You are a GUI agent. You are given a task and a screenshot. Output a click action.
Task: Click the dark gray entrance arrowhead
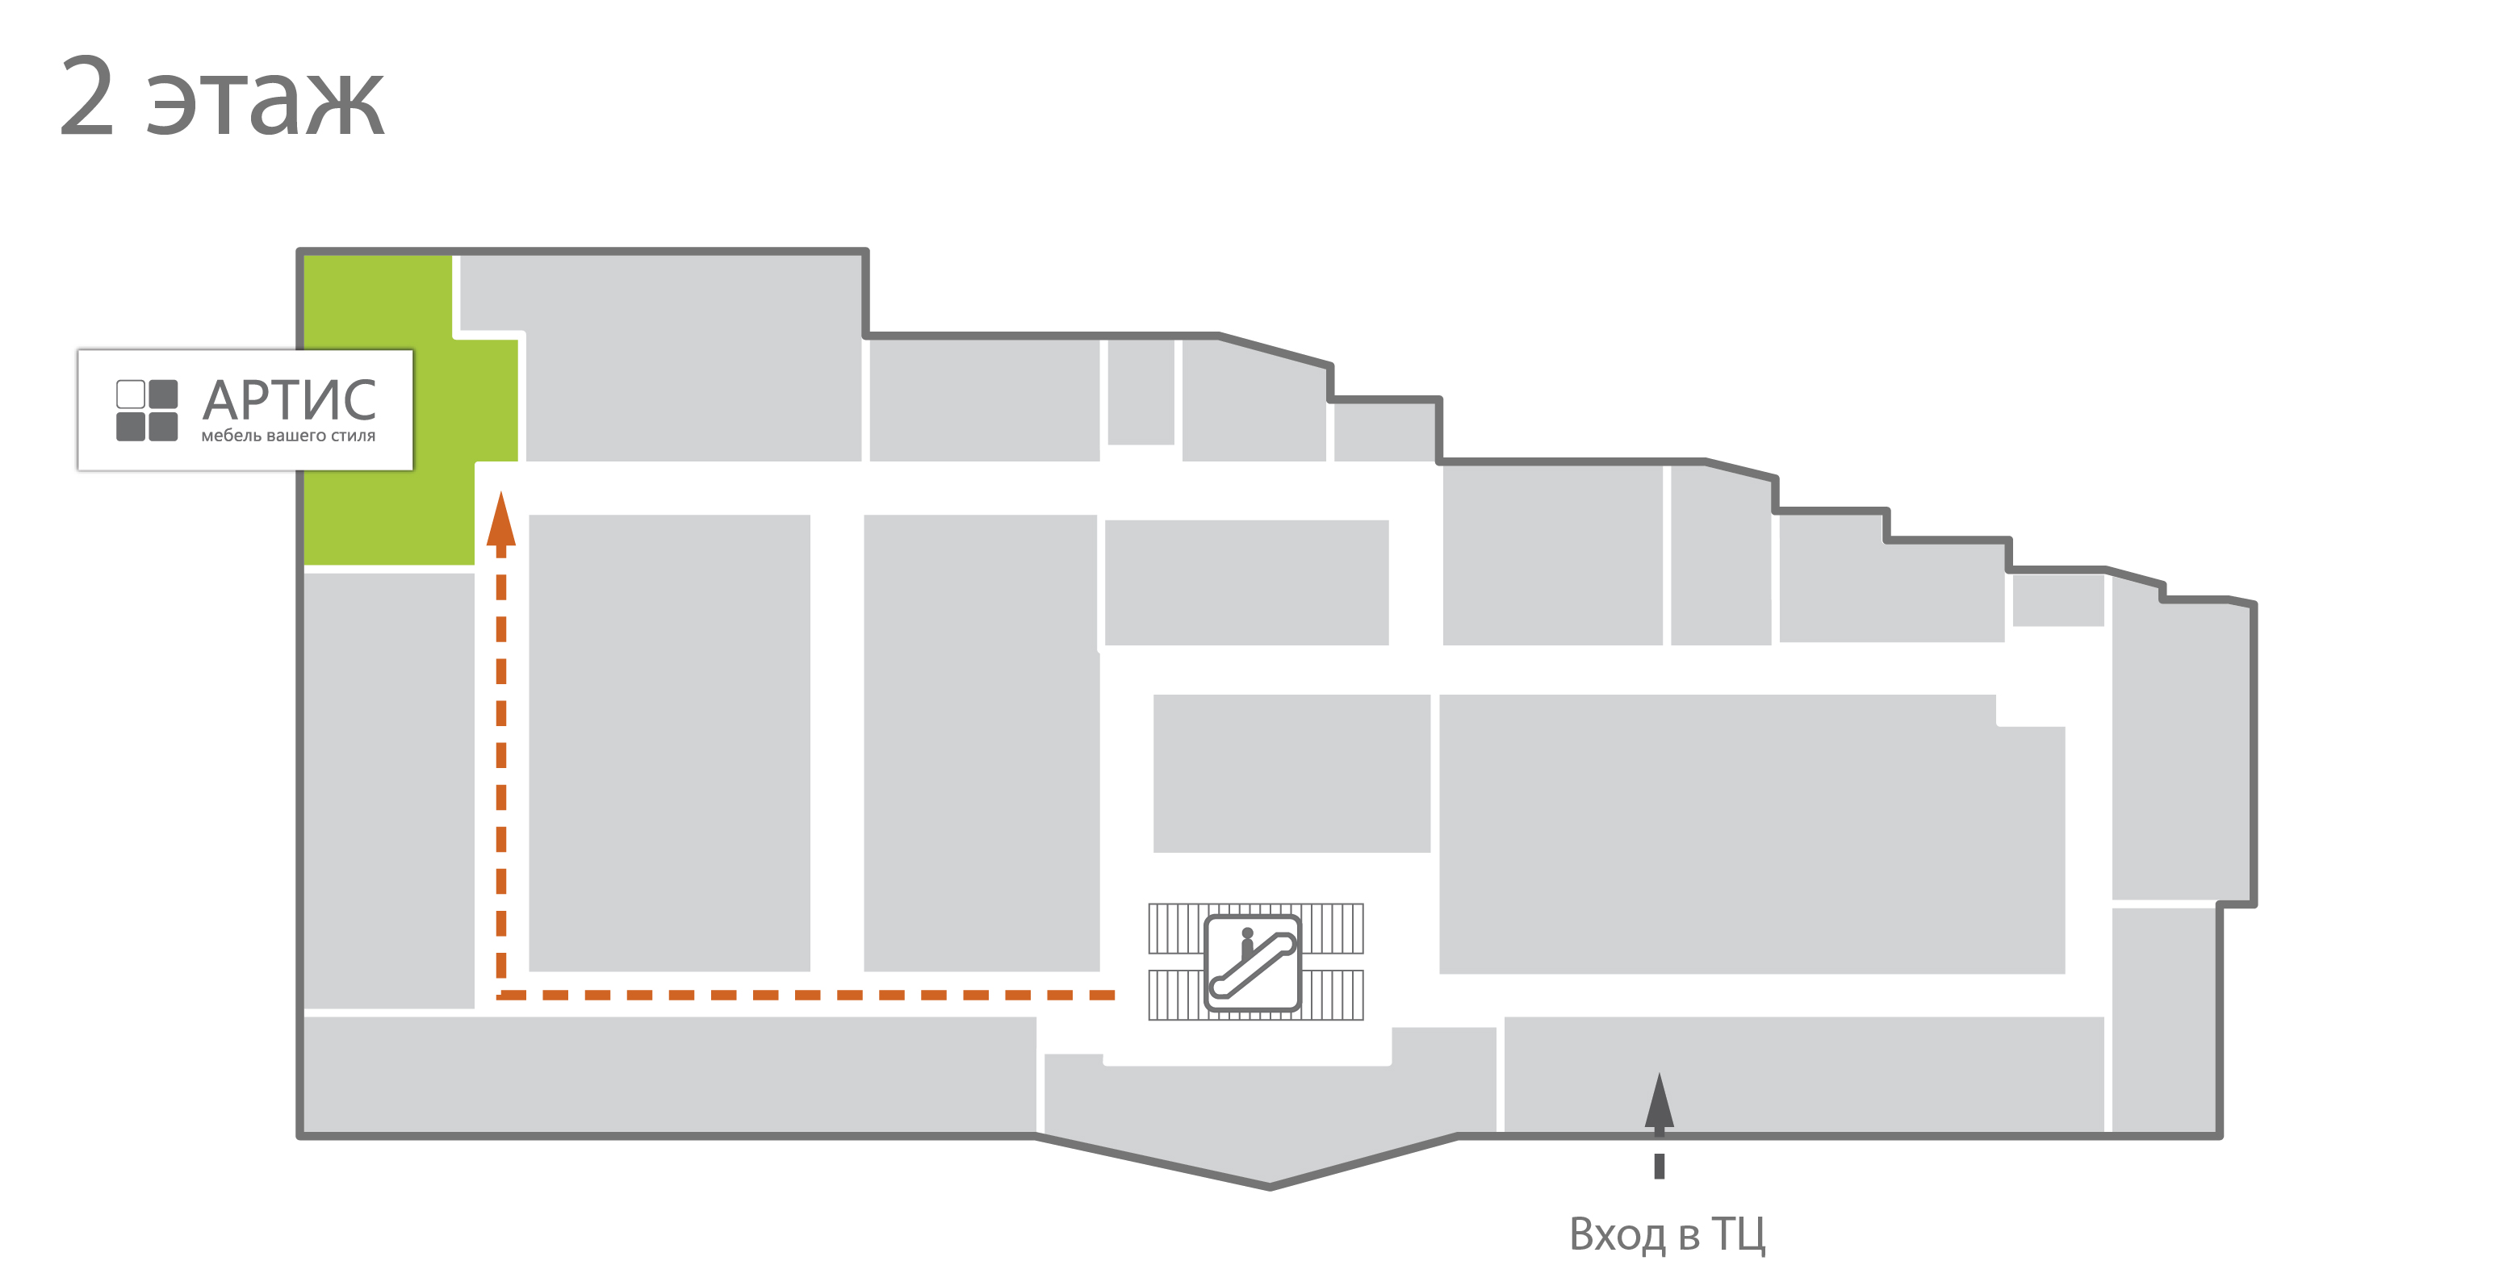pos(1659,1100)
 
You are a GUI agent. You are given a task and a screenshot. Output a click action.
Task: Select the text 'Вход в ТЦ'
pos(1667,1234)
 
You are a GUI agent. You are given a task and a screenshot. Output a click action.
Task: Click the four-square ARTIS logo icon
pos(147,411)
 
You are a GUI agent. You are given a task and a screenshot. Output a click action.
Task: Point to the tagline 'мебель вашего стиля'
pos(289,436)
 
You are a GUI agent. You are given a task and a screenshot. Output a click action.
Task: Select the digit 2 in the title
pos(87,96)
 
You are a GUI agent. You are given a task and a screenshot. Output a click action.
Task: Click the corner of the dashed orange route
pos(502,995)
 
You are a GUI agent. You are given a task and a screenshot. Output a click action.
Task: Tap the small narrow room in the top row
pos(1141,392)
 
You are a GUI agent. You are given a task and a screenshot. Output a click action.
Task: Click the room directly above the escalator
pos(1291,774)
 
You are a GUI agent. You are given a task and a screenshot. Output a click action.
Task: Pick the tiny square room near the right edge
pos(2058,600)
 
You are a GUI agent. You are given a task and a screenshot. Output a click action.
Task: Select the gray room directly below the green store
pos(389,790)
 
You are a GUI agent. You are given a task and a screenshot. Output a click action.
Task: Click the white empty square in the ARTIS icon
pos(130,395)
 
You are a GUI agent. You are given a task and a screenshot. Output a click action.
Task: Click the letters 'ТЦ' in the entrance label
pos(1739,1234)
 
